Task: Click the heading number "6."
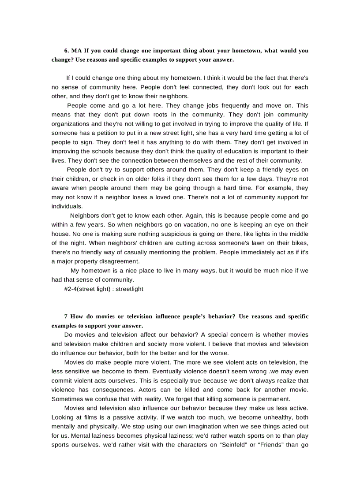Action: click(67, 51)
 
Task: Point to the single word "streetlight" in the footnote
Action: click(129, 289)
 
